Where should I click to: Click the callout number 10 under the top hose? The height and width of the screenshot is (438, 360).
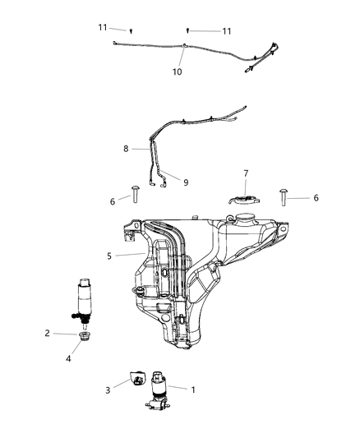[x=177, y=71]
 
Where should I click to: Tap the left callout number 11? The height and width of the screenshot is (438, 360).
[x=104, y=27]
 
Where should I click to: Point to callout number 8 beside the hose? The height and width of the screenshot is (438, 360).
[x=126, y=150]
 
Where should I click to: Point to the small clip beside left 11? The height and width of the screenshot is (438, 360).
[x=132, y=30]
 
